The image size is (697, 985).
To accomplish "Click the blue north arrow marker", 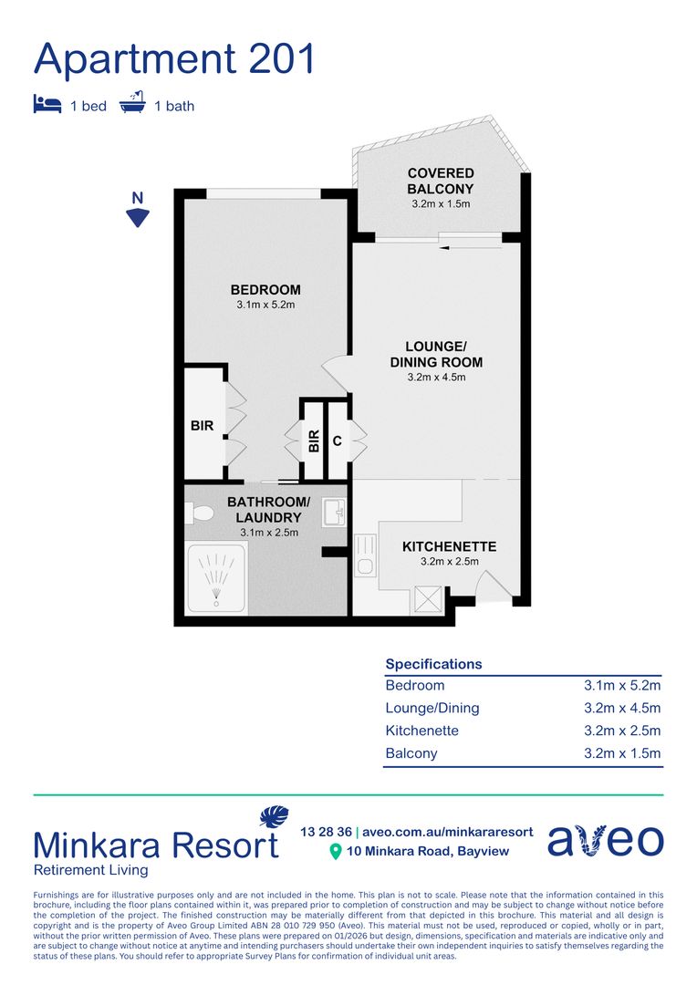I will tap(137, 216).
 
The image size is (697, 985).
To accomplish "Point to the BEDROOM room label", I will tap(265, 290).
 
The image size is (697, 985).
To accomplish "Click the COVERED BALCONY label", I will tap(440, 181).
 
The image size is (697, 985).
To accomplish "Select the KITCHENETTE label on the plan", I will tap(449, 546).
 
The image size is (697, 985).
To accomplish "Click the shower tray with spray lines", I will tap(216, 580).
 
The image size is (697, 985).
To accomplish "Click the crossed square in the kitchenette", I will tap(427, 598).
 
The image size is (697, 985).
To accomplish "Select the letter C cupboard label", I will tap(337, 441).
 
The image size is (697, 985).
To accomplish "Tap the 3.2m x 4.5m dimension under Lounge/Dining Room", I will tap(436, 378).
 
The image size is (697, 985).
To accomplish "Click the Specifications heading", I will tap(433, 664).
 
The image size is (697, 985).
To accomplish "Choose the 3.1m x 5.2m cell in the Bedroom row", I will tap(622, 686).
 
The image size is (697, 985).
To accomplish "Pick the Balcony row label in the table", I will tap(411, 753).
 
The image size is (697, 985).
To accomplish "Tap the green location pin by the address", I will tap(335, 852).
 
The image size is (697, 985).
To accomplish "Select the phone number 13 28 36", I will tap(326, 832).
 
